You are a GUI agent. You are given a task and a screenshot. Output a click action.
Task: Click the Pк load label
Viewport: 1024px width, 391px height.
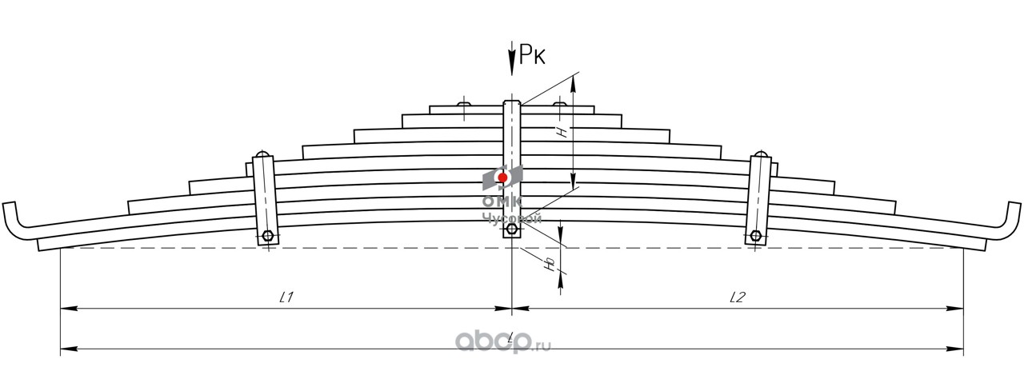(x=533, y=54)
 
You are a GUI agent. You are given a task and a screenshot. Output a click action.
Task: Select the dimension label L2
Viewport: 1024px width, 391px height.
(x=738, y=297)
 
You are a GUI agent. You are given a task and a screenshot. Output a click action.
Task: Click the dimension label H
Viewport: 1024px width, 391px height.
(x=563, y=132)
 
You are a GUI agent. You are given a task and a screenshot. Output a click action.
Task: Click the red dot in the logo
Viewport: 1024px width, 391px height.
(x=502, y=177)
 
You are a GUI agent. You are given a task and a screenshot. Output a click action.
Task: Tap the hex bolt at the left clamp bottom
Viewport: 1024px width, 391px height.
(x=267, y=236)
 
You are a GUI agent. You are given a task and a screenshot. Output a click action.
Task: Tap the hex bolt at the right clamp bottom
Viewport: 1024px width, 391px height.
(x=755, y=236)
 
